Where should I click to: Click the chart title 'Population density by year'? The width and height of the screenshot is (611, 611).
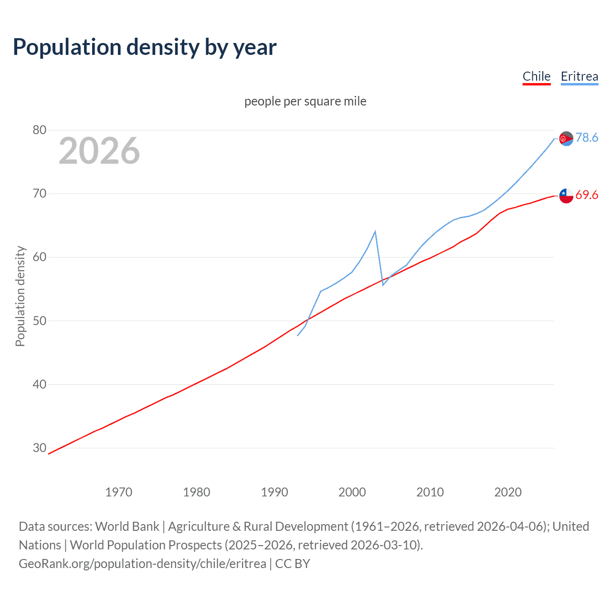[145, 47]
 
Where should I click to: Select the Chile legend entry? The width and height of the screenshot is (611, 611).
[537, 76]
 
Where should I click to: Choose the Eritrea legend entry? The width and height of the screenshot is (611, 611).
[579, 76]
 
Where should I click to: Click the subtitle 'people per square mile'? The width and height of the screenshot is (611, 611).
[305, 101]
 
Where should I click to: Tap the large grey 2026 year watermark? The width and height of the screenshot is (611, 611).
[99, 151]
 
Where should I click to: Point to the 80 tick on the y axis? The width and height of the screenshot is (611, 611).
[40, 130]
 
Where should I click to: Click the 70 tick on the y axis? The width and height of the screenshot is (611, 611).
[40, 193]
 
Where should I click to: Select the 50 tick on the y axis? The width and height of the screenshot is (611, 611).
[40, 321]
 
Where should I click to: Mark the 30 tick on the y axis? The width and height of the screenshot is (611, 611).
[40, 448]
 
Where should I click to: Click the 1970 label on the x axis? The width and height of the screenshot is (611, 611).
[119, 492]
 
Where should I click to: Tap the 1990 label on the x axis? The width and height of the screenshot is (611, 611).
[274, 492]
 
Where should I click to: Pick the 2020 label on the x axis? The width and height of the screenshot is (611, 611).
[508, 492]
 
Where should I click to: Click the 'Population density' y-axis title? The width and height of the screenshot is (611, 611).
[20, 296]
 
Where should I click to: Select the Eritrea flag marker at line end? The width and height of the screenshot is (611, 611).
[566, 138]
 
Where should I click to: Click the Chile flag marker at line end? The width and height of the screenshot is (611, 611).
[566, 195]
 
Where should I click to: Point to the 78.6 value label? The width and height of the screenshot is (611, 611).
[587, 137]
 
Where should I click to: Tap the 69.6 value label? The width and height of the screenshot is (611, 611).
[587, 195]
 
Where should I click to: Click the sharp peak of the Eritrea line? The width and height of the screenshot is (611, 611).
[375, 232]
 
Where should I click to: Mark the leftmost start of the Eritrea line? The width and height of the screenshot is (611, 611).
[298, 336]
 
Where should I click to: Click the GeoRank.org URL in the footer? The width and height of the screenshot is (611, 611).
[142, 564]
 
